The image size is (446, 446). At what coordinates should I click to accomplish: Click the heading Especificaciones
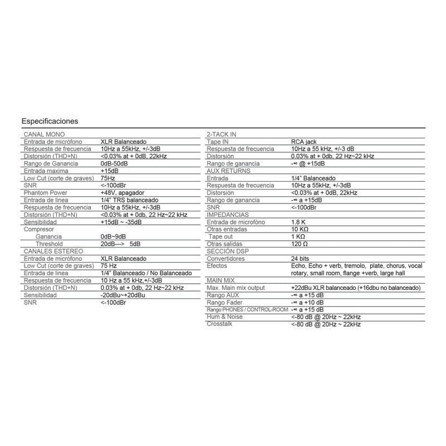click(50, 121)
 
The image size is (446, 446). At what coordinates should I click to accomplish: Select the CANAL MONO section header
click(45, 134)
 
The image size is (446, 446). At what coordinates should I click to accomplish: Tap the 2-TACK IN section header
click(221, 134)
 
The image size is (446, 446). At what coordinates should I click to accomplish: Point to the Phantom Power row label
click(46, 192)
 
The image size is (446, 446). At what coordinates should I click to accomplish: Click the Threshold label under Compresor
click(50, 244)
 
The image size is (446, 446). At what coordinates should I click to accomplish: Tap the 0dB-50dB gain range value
click(115, 163)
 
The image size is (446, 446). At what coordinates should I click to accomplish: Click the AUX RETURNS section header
click(226, 171)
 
